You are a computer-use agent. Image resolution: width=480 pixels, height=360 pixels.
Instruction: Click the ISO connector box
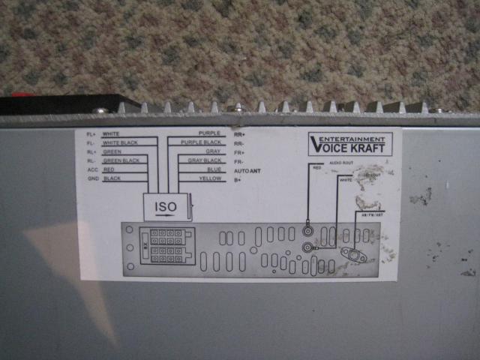(166, 205)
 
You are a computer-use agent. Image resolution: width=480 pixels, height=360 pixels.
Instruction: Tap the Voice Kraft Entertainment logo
(349, 143)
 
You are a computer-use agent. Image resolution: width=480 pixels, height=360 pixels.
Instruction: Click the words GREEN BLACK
(121, 160)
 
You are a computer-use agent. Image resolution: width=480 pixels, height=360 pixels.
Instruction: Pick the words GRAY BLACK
(204, 160)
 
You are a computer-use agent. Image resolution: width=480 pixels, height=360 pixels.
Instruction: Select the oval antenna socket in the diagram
(352, 253)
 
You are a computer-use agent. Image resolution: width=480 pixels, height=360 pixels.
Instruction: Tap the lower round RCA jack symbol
(307, 245)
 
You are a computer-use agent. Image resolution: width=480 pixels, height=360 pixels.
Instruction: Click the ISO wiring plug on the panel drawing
(167, 246)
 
